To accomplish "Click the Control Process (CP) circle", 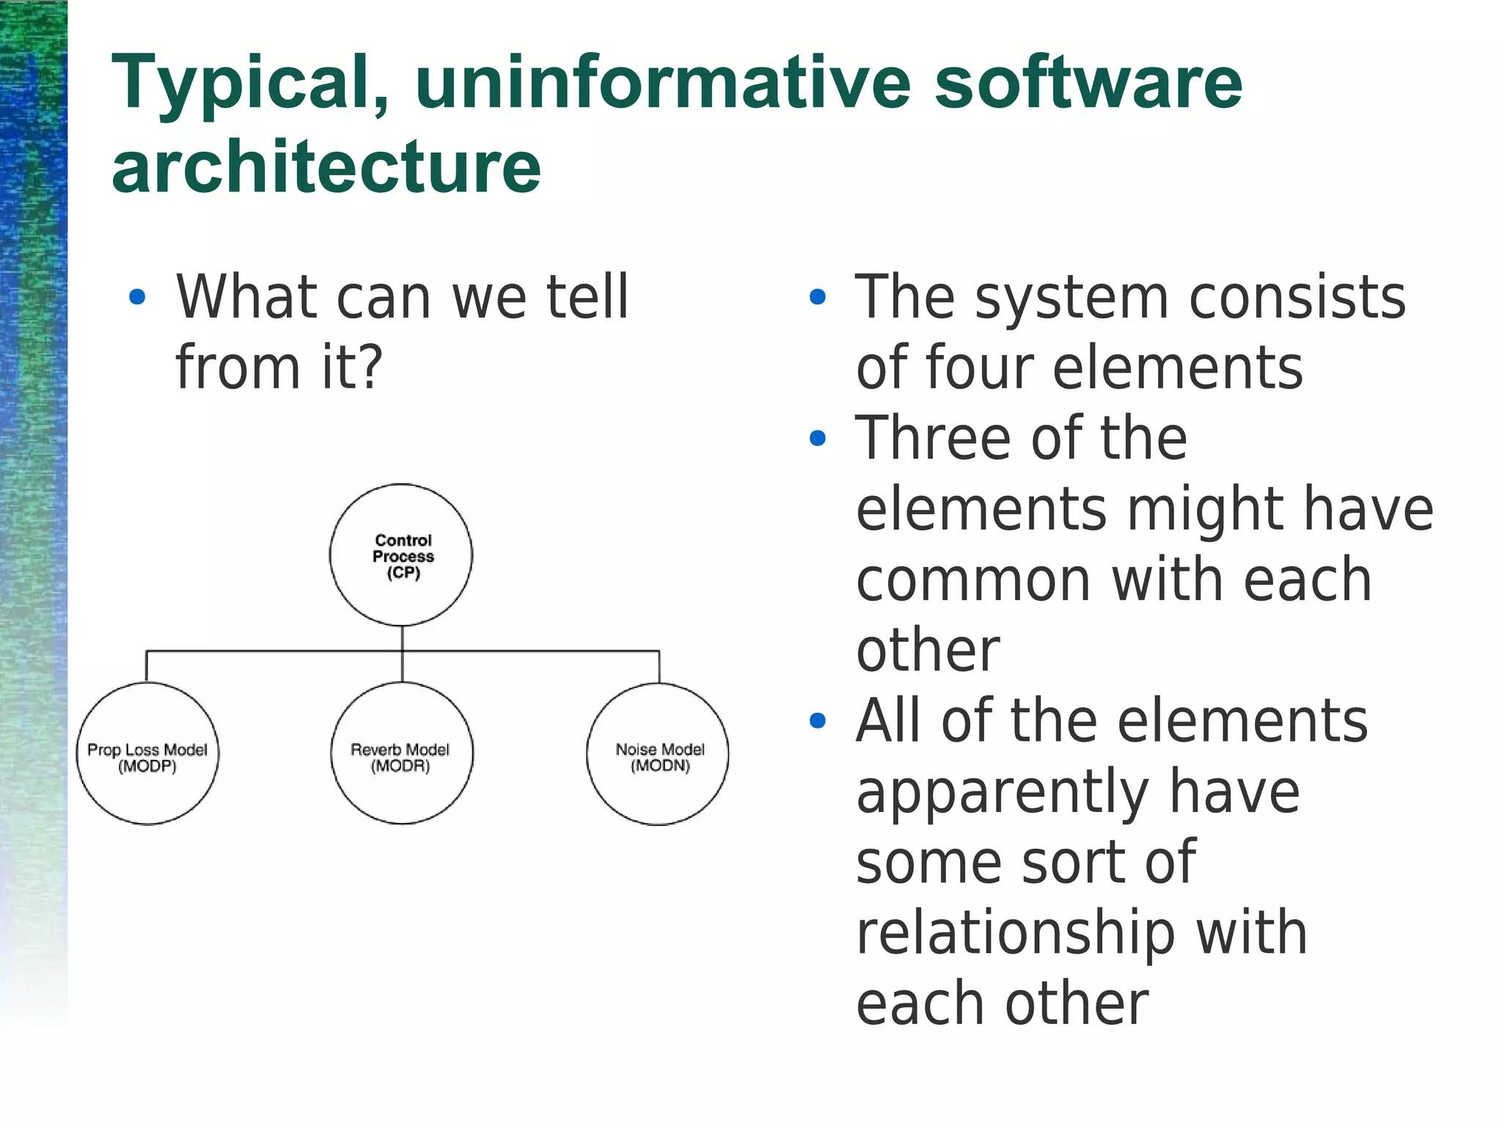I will point(401,555).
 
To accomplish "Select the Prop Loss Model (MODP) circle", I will point(147,753).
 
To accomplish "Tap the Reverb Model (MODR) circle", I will point(401,753).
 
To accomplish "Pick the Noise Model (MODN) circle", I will point(658,753).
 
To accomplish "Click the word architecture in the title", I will point(326,167).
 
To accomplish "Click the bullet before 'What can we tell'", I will point(137,297).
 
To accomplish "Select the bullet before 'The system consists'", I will point(817,297).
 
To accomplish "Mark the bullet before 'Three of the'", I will point(817,439).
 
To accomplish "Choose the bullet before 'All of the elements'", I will point(817,721).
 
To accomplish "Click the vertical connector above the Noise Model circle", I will point(659,666).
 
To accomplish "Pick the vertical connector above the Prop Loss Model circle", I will point(147,666).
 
